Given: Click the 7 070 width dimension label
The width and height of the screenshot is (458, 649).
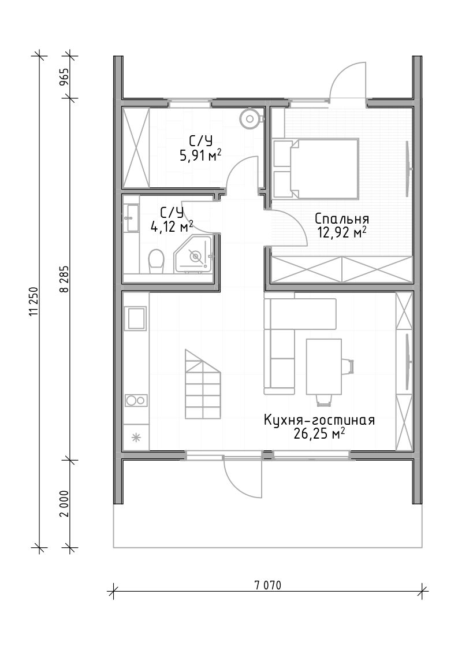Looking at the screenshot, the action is click(x=267, y=585).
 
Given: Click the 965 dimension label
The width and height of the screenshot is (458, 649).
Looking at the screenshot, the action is click(x=65, y=76).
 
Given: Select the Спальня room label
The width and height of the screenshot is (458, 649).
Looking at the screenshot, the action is click(x=341, y=218).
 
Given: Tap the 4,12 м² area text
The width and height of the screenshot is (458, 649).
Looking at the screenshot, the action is click(x=172, y=227).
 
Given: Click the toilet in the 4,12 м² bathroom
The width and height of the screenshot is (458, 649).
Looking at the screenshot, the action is click(x=156, y=261).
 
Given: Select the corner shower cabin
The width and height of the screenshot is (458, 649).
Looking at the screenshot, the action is click(x=194, y=255).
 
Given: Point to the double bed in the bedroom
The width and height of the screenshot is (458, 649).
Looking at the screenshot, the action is click(x=315, y=168).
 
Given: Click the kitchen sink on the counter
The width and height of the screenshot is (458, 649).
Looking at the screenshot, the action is click(x=136, y=318).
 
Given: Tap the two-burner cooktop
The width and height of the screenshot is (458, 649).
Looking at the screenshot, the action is click(x=136, y=400).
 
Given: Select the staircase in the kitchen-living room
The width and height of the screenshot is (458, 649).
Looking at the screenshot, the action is click(x=203, y=384).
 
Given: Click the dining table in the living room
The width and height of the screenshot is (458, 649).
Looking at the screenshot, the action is click(x=323, y=367).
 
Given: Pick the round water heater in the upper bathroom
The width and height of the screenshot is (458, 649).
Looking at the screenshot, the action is click(x=250, y=119).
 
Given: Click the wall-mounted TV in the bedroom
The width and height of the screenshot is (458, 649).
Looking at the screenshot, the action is click(x=408, y=169).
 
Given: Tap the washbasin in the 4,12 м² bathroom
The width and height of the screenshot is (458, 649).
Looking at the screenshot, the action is click(x=132, y=217).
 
